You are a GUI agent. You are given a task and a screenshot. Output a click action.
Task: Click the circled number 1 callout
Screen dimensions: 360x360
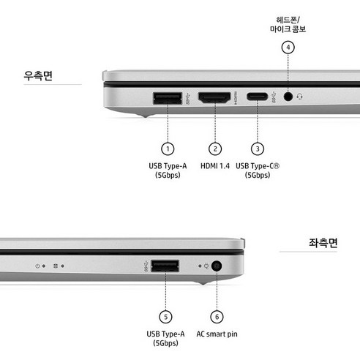click(x=168, y=149)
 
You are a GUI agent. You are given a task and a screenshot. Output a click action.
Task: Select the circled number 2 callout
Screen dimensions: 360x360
click(x=215, y=149)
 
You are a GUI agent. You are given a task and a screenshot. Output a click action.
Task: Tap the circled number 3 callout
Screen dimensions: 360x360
click(x=257, y=149)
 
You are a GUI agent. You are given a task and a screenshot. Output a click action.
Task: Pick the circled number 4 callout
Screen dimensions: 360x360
click(x=288, y=48)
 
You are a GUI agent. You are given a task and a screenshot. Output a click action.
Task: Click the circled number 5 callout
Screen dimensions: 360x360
click(x=165, y=316)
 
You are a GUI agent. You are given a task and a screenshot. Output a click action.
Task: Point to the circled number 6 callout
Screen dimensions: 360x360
click(x=217, y=316)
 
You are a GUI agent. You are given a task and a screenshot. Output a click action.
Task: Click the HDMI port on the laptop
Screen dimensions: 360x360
click(x=215, y=97)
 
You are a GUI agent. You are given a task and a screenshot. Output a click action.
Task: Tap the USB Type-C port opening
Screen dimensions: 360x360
click(x=257, y=97)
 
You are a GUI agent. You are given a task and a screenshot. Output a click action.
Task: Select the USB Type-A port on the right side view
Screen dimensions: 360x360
click(x=168, y=97)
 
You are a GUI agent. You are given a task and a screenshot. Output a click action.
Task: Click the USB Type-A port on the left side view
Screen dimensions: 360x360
click(x=165, y=265)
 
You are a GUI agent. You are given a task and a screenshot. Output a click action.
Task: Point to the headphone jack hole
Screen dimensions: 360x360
click(x=289, y=97)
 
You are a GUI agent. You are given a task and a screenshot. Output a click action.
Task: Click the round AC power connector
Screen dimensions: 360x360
click(x=217, y=266)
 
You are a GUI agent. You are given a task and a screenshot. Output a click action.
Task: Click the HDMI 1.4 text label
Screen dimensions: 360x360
click(x=215, y=167)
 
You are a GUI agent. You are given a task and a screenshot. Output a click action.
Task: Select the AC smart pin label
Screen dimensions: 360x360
click(x=217, y=334)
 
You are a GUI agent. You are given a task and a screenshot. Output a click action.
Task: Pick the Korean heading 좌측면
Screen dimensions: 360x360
click(x=322, y=244)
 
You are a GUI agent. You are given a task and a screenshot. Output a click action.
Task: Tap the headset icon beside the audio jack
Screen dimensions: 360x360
click(x=300, y=97)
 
